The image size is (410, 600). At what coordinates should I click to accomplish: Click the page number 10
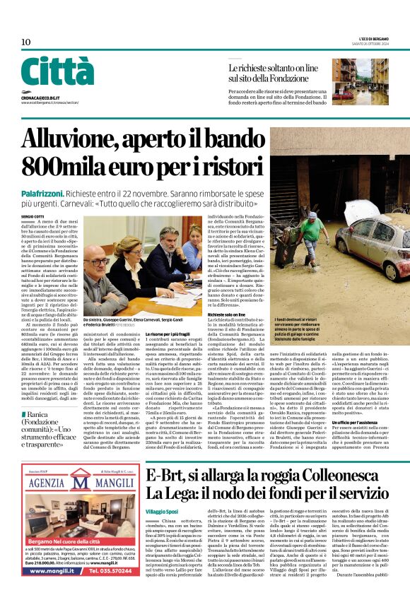point(26,42)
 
